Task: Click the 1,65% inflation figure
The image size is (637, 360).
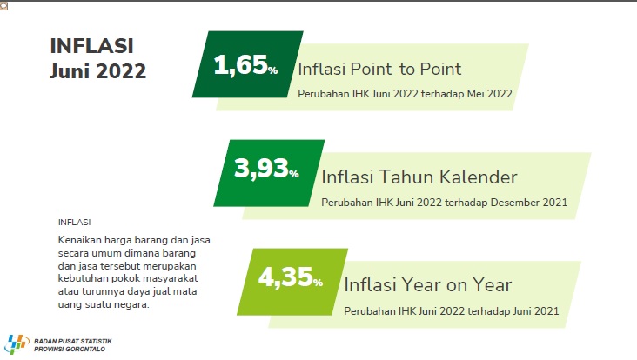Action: click(x=245, y=65)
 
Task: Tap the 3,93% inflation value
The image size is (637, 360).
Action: click(x=266, y=169)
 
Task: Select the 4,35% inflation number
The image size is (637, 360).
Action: click(x=291, y=277)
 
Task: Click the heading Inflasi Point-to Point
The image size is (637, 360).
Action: click(x=379, y=69)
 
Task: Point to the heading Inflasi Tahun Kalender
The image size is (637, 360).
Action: click(x=419, y=177)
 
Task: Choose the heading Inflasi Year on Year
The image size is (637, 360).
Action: click(x=428, y=285)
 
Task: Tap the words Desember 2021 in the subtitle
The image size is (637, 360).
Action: click(x=529, y=202)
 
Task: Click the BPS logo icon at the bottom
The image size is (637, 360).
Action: click(x=17, y=344)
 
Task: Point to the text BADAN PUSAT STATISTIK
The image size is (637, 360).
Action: click(x=73, y=342)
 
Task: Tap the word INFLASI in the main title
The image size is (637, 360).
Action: click(x=92, y=45)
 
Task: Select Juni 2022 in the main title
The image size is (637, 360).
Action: click(x=98, y=71)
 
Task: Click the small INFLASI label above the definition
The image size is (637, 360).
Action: click(x=74, y=223)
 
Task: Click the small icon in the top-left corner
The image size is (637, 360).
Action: click(x=3, y=6)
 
